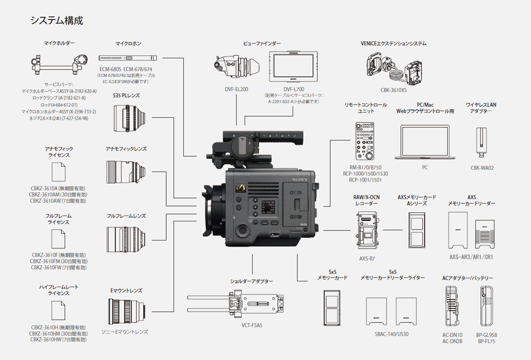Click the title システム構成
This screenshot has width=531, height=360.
pos(56,21)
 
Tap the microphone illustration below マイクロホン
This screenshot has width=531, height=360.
pos(129,57)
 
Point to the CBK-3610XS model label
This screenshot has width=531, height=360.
pos(393,90)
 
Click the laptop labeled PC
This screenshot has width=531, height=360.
pos(424,143)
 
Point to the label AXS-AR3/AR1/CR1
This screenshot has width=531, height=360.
pos(471,257)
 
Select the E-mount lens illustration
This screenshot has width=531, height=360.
pos(126,311)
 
